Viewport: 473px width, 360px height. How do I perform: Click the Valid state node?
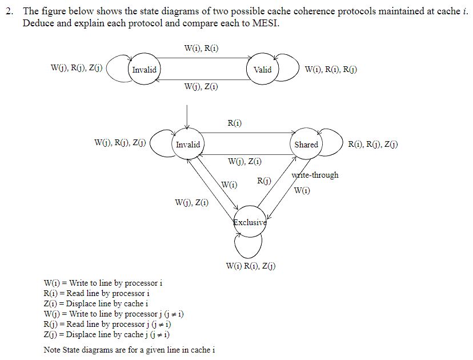(x=262, y=70)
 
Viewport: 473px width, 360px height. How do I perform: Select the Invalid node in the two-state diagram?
(x=144, y=70)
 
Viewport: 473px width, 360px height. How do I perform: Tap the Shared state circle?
(x=306, y=145)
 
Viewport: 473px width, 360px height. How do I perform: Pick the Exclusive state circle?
(x=250, y=222)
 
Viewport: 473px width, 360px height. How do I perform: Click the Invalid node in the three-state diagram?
(x=187, y=145)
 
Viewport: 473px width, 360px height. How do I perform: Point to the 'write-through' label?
(x=315, y=175)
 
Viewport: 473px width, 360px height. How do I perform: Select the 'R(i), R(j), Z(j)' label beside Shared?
(x=373, y=145)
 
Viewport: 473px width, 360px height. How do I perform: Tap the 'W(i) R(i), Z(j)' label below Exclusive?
(x=250, y=266)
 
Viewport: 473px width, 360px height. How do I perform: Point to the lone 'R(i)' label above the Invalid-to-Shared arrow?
(x=234, y=123)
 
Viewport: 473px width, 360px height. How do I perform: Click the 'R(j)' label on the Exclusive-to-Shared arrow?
(x=264, y=181)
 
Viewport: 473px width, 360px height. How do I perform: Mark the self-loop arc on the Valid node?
(x=290, y=69)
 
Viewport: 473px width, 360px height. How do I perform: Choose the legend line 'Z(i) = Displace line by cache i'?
(x=95, y=303)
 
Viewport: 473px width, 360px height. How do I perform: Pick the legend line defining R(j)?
(x=113, y=324)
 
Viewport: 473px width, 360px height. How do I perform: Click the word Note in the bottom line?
(x=53, y=350)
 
